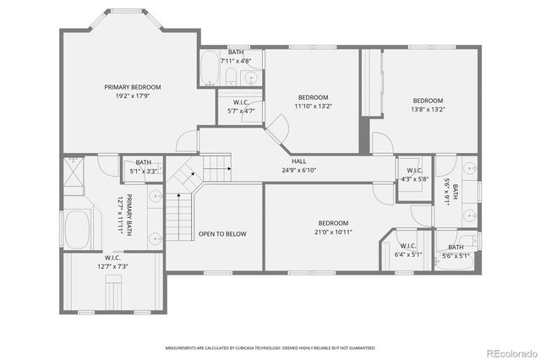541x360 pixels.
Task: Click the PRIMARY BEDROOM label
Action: (133, 87)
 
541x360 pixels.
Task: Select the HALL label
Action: (299, 161)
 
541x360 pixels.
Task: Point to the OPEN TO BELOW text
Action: (222, 234)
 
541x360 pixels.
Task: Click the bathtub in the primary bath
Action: (78, 229)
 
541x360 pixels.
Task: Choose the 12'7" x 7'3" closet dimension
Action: (116, 267)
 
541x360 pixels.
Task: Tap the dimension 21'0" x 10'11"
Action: (323, 232)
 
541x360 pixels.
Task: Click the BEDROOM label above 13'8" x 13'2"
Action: (427, 101)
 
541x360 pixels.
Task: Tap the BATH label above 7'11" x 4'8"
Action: (235, 52)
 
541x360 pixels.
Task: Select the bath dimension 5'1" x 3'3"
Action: (144, 172)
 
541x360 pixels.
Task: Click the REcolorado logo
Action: (508, 352)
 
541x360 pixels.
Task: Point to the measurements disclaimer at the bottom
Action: (269, 347)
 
